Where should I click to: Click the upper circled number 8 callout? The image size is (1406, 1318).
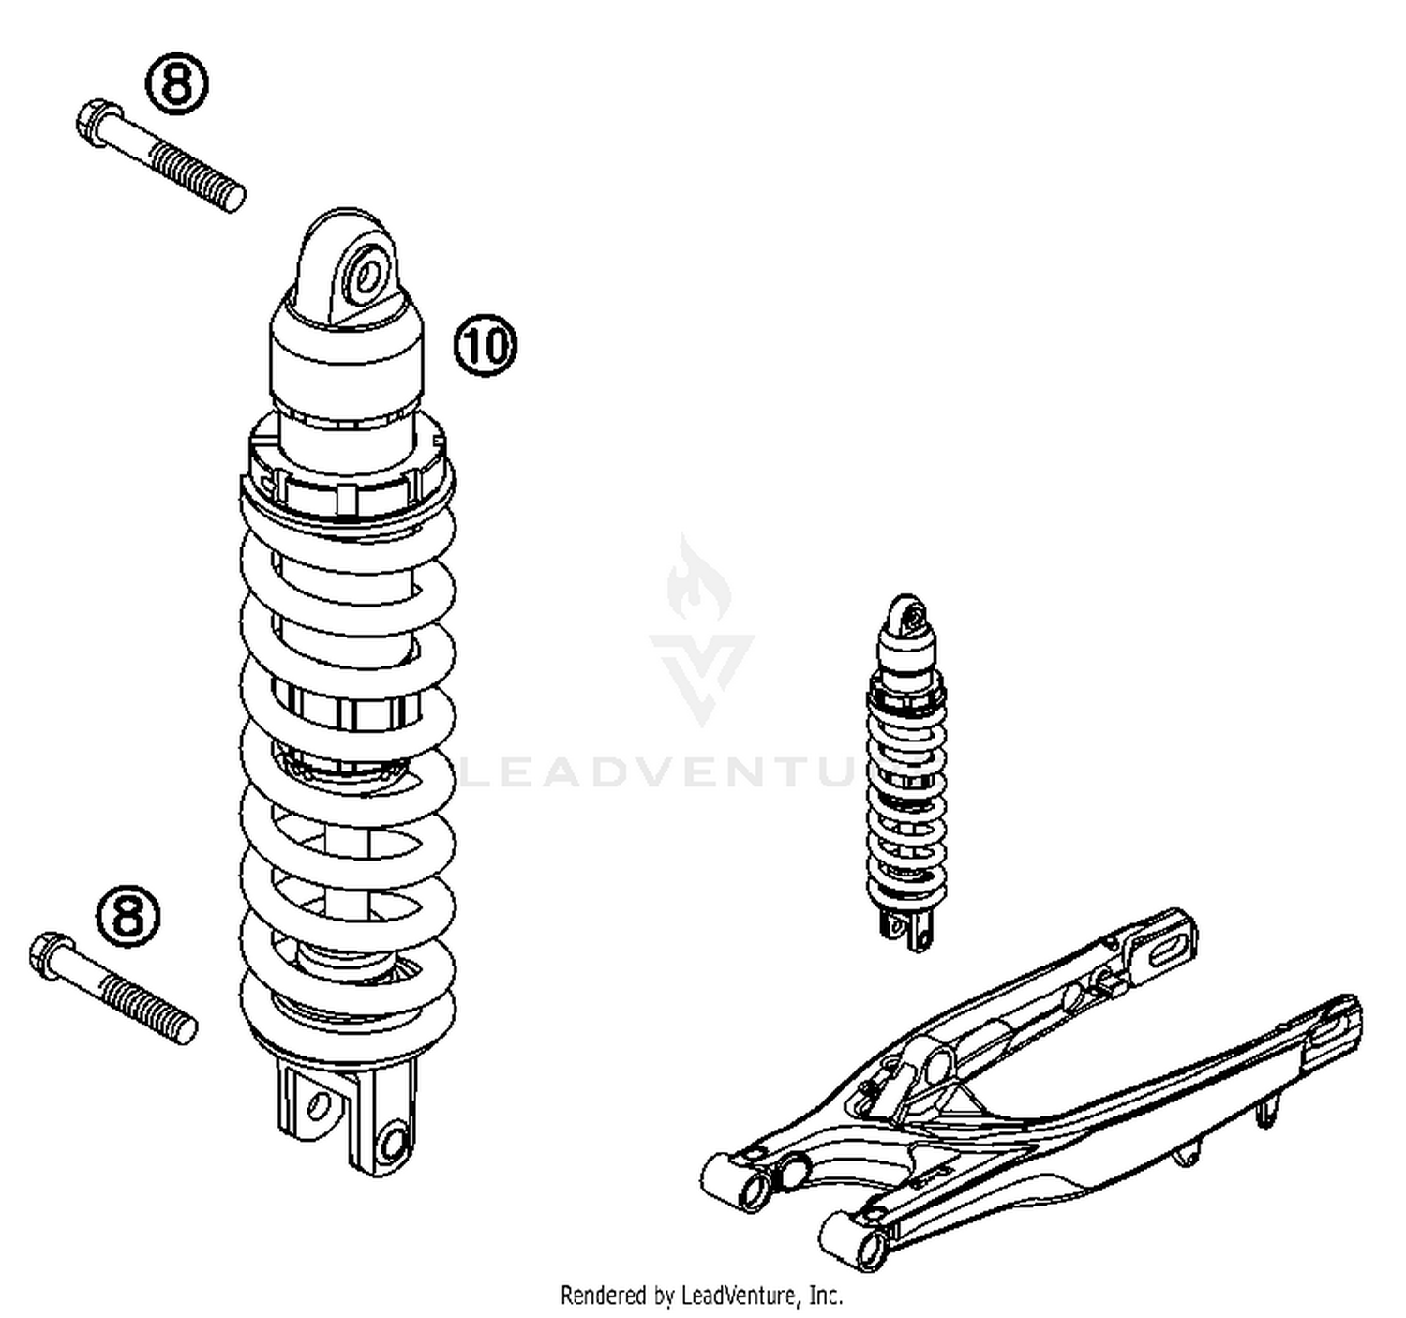(x=177, y=84)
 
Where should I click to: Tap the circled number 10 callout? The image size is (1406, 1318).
(x=486, y=346)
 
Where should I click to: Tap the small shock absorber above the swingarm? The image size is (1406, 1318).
(x=905, y=769)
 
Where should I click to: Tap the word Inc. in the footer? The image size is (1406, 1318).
(x=824, y=1296)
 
